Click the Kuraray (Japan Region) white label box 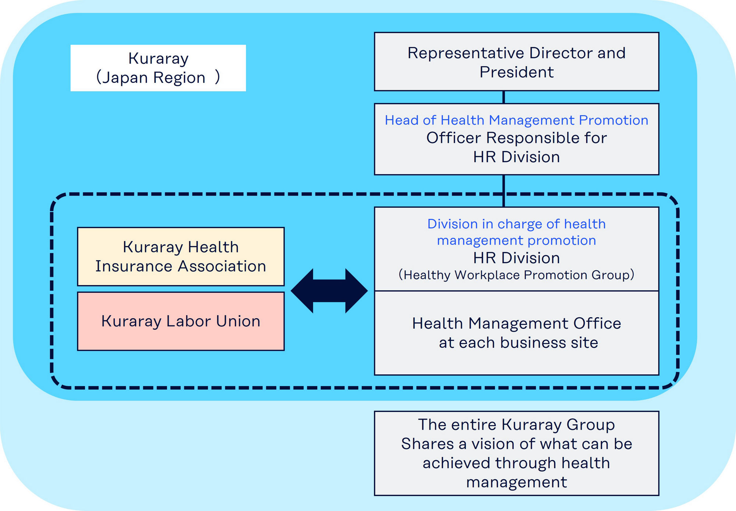[x=158, y=68]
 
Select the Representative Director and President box [x=516, y=62]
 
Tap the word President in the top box [x=516, y=72]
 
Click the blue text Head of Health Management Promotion [x=516, y=120]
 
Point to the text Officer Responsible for [x=516, y=138]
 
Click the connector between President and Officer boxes [x=503, y=97]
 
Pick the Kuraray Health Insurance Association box [x=181, y=256]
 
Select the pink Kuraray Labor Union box [x=181, y=321]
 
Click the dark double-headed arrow [x=329, y=291]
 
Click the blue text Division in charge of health [x=516, y=224]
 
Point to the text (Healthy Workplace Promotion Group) [x=516, y=275]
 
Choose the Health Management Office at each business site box [x=516, y=333]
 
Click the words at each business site [x=518, y=343]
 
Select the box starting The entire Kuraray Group [x=516, y=453]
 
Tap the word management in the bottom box [x=516, y=482]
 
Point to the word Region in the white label [x=179, y=78]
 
